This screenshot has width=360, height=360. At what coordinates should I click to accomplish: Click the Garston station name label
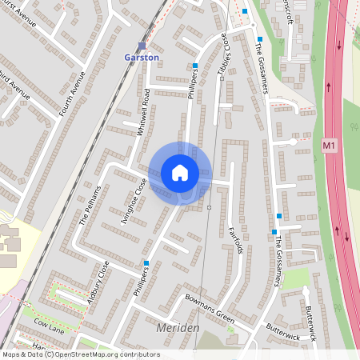click(142, 58)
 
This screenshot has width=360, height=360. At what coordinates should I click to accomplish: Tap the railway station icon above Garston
click(142, 46)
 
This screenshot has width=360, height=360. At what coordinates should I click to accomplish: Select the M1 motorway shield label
click(330, 146)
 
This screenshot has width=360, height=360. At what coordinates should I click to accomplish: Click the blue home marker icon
click(179, 172)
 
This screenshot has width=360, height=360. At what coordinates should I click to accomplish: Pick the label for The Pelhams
click(90, 206)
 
